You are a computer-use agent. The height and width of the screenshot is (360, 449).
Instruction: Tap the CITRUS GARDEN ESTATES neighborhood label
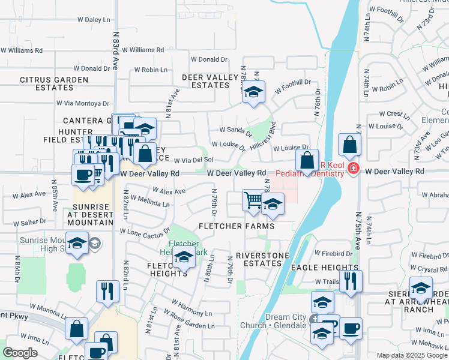[x=55, y=83]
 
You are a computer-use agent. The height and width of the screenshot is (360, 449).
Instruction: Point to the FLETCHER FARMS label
[x=237, y=226]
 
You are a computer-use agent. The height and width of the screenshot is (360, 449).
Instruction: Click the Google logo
[x=20, y=353]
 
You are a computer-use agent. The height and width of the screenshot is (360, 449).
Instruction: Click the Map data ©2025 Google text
[x=412, y=355]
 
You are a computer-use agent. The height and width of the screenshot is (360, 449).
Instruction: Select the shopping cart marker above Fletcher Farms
[x=253, y=200]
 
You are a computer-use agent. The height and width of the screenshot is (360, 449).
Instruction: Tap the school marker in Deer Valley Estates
[x=254, y=92]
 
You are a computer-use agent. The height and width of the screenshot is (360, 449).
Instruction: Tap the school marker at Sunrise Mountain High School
[x=77, y=242]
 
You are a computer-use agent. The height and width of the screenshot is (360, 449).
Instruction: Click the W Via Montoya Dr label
[x=83, y=103]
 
